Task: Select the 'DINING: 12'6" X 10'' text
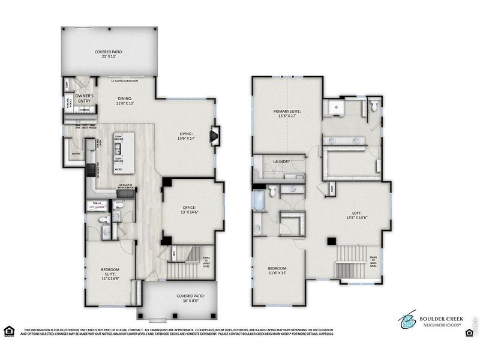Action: point(125,101)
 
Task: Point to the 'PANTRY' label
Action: point(76,154)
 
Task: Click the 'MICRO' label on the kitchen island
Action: point(119,170)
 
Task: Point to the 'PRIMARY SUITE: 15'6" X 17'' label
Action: point(287,114)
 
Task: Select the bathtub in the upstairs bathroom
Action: point(259,200)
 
